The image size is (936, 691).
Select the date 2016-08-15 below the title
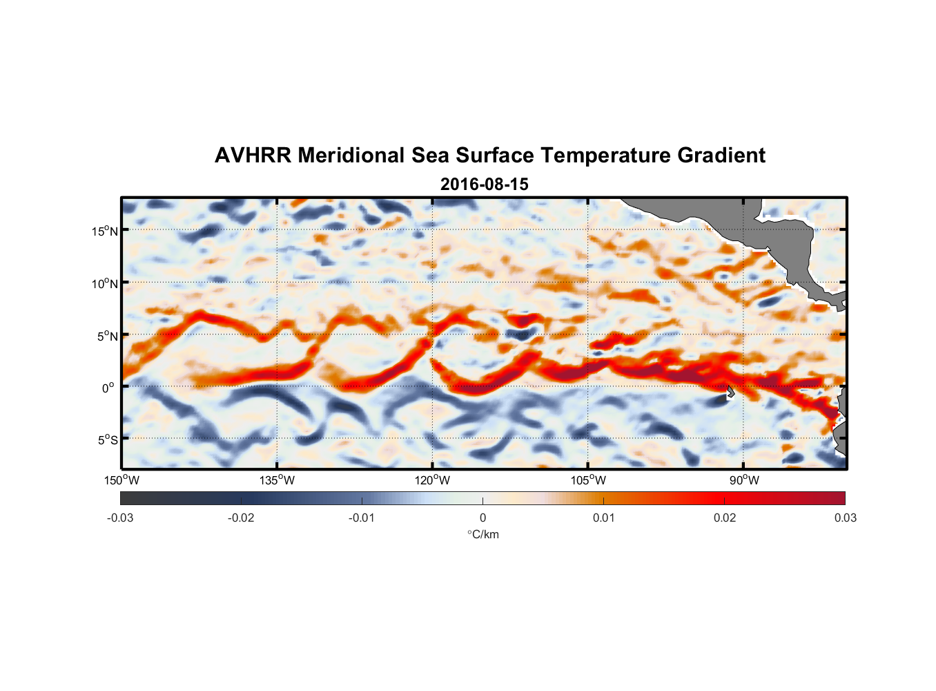tap(484, 184)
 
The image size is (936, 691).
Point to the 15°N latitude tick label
tap(105, 231)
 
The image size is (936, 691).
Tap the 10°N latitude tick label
tap(105, 283)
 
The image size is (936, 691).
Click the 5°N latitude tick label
tap(107, 336)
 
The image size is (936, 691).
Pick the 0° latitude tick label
tap(108, 388)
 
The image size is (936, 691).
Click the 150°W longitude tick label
tap(121, 480)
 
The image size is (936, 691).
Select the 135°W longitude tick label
tap(277, 480)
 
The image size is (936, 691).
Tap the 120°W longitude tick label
tap(432, 480)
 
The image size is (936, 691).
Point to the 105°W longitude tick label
tap(588, 480)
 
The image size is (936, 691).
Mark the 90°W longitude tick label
tap(743, 480)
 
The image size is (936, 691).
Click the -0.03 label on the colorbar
tap(120, 518)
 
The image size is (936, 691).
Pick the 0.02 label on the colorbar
tap(724, 518)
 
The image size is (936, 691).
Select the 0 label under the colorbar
tap(482, 518)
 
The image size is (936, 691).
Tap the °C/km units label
tap(482, 534)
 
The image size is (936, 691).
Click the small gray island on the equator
tap(730, 392)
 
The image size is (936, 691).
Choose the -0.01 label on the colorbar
tap(362, 518)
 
